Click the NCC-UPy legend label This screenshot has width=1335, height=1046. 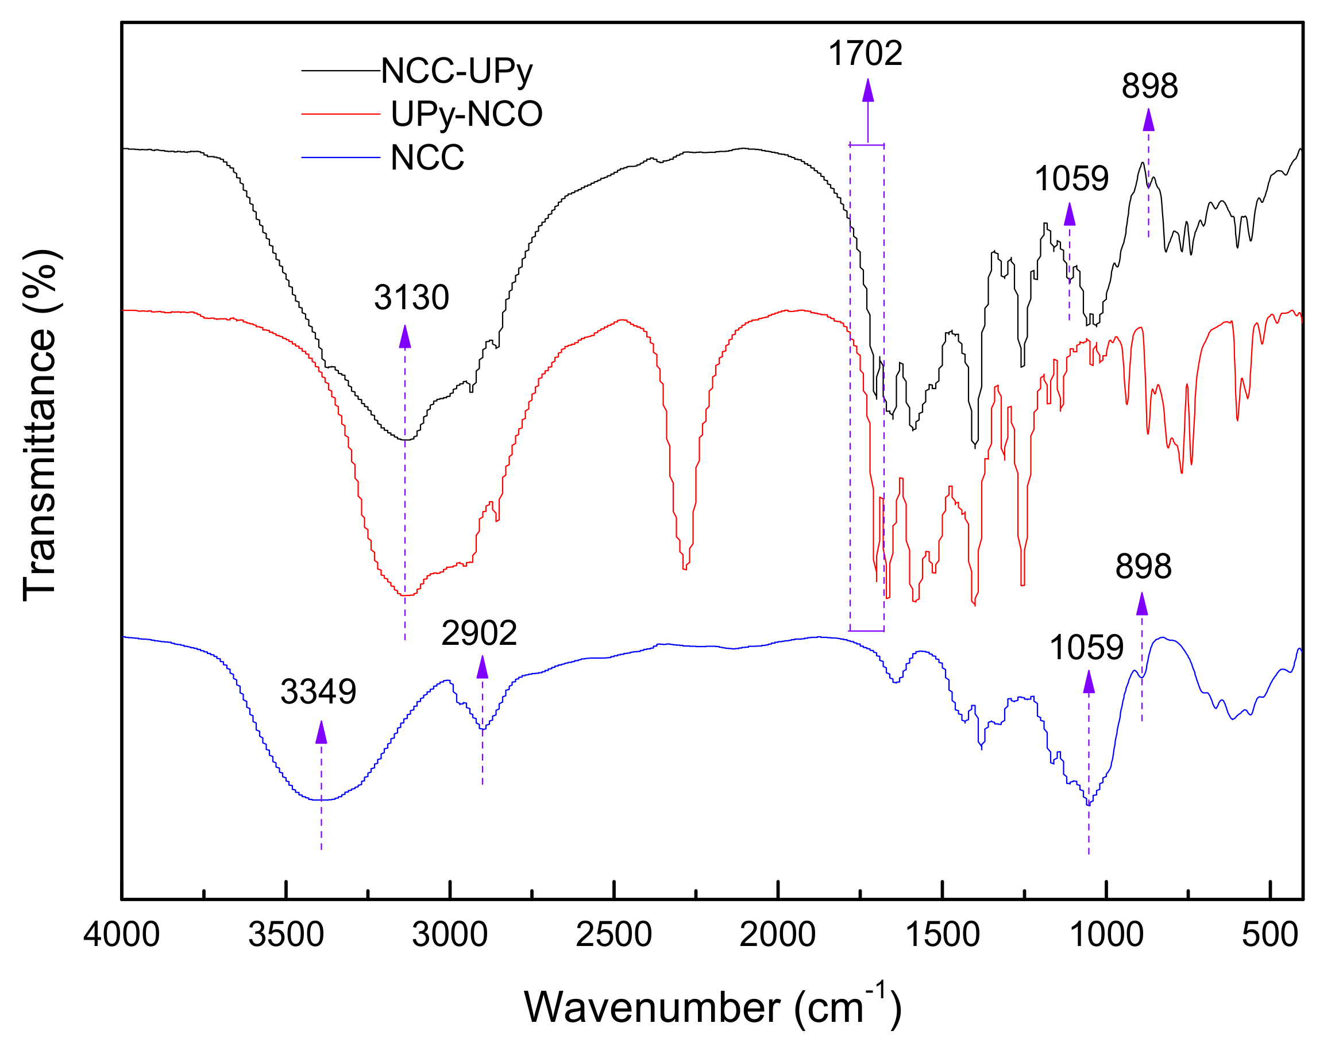(457, 72)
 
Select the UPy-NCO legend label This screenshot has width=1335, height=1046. (466, 114)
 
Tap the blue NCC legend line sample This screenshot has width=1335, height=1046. (341, 158)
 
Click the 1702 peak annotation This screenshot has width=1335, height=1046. (865, 53)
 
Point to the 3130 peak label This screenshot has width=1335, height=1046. (411, 298)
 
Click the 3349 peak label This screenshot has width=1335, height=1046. (318, 692)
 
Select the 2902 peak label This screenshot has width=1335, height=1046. (479, 633)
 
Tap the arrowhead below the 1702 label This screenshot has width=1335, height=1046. (868, 90)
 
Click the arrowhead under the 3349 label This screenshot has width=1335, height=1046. (321, 732)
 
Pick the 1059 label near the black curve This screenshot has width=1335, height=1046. (1071, 179)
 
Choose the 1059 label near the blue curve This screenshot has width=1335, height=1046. (1086, 647)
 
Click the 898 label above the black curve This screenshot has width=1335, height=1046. (1149, 86)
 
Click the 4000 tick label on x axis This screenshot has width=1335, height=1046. (122, 936)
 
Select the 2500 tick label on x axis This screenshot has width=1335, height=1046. (614, 936)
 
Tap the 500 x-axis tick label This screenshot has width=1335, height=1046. (1270, 936)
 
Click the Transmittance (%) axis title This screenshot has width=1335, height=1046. (40, 425)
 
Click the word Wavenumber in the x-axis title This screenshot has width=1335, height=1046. (652, 1008)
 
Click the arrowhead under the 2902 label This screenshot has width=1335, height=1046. (483, 667)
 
